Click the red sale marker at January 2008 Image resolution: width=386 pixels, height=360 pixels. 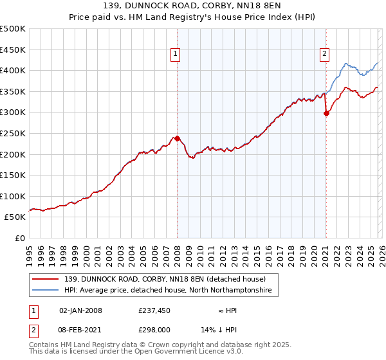[177, 138]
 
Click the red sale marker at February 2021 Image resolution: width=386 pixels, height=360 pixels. [326, 113]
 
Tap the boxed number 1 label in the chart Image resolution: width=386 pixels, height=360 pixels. [175, 55]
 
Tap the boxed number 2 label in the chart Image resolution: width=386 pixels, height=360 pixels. [324, 55]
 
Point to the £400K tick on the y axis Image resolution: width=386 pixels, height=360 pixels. [13, 71]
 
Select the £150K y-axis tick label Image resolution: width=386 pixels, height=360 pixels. [13, 175]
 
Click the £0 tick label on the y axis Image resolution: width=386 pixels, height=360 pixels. [20, 238]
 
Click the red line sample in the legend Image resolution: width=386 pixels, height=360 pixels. [46, 279]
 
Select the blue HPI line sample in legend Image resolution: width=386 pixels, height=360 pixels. [46, 291]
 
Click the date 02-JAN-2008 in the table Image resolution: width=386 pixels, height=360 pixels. [80, 310]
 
